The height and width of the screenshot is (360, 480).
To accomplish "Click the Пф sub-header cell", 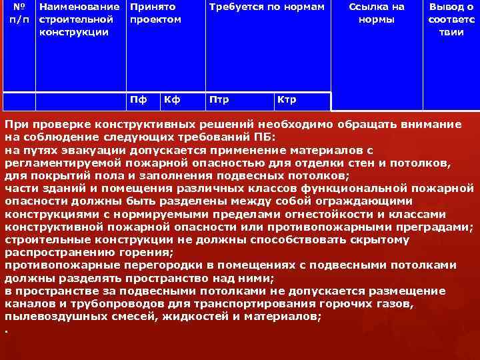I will point(139,100).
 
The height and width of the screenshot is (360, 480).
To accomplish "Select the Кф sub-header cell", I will point(173,100).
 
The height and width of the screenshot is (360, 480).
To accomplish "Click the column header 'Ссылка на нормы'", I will point(376,13).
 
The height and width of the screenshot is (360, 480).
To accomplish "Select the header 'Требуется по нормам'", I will point(267,7).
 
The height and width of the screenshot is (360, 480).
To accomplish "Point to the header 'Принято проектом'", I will point(155,13).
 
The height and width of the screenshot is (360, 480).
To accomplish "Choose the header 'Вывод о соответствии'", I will point(451,19).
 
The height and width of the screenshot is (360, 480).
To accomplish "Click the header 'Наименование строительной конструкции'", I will point(79,19).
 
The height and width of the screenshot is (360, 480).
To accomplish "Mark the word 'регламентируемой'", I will point(59,163).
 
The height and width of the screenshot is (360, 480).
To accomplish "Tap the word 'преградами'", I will point(433,227).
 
